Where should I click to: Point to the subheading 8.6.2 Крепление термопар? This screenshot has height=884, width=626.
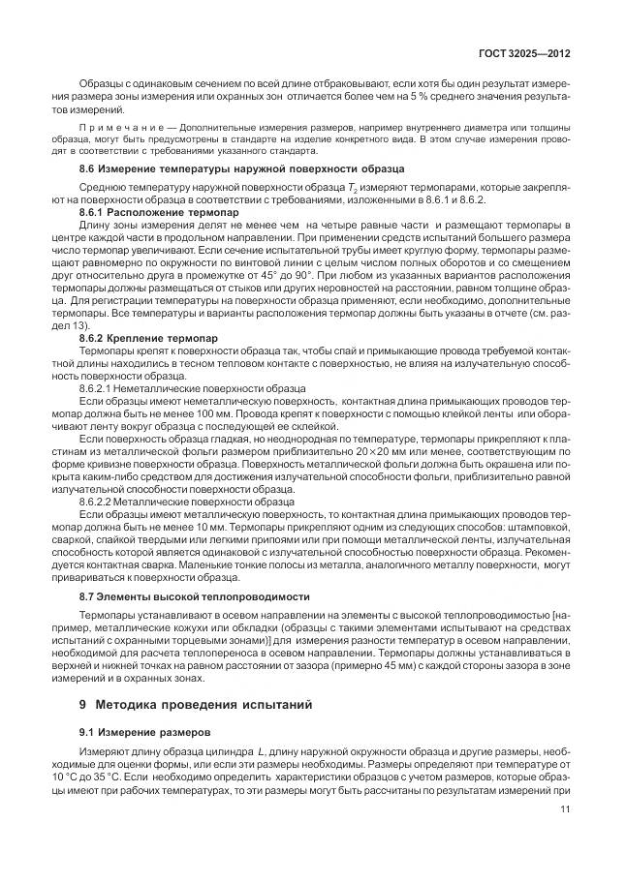tap(148, 338)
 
